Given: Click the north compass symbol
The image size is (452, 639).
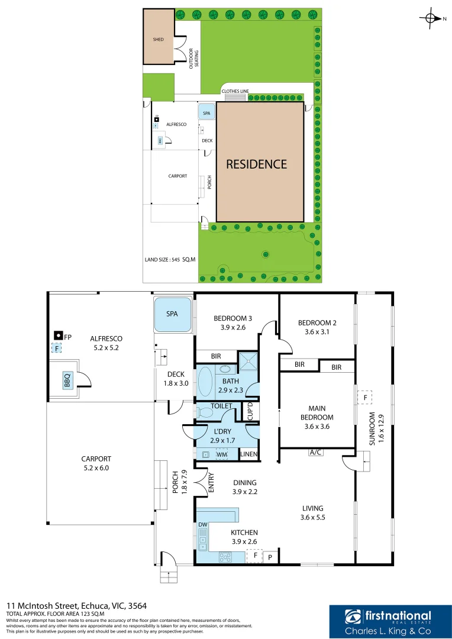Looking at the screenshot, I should pos(431,19).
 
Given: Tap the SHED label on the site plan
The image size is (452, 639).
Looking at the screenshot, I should pos(158,40).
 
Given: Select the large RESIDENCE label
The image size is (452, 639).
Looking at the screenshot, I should pos(256,164).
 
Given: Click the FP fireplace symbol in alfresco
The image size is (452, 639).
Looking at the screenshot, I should pos(58,336).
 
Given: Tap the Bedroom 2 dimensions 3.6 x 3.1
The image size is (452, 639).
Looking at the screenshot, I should pos(317,332).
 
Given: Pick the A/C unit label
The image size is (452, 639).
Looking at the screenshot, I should pos(315,453).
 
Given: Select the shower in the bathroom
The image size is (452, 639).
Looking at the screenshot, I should pos(247,361).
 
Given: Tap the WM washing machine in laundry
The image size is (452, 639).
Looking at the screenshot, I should pos(222,454).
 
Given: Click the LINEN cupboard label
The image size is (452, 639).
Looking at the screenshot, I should pos(248,454).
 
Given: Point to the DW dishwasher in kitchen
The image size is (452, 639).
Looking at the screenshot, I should pos(203,525).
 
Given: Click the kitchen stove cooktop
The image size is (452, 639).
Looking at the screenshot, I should pos(225,557).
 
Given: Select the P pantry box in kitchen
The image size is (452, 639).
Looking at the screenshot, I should pos(270,557).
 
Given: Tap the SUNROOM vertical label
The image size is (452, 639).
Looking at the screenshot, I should pos(372,428).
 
